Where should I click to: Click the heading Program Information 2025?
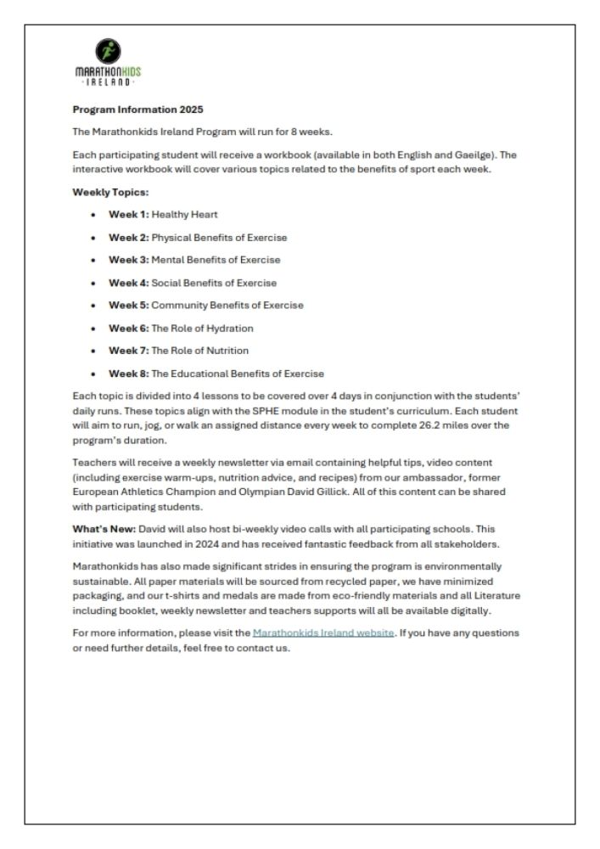coord(138,110)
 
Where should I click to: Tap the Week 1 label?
coord(128,215)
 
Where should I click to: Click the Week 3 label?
coord(128,260)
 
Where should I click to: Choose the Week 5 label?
coord(128,306)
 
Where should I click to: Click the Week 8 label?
coord(128,374)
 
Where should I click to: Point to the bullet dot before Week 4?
coord(92,284)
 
